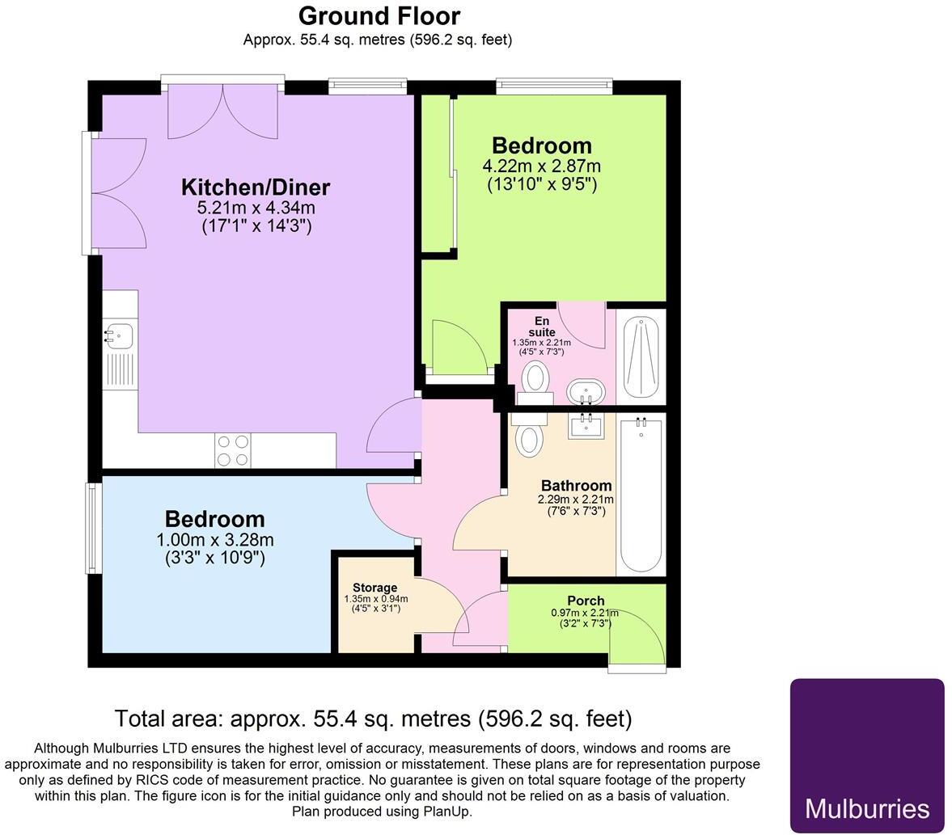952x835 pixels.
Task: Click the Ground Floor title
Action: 379,16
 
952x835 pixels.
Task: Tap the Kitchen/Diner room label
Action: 256,188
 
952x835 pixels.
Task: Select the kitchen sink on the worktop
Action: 119,335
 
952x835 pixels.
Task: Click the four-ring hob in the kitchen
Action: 233,450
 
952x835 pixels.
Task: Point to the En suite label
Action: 541,327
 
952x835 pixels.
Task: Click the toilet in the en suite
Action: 535,379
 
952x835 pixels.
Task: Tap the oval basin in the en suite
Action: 585,391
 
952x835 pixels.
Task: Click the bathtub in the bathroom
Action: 641,495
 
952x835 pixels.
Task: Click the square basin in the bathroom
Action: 585,424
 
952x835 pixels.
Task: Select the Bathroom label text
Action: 576,486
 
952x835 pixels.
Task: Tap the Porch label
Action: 586,601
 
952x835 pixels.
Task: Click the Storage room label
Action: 374,588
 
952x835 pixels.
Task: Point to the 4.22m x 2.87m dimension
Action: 541,167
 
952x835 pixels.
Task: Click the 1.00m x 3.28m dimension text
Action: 214,540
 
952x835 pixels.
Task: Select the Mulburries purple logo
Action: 866,755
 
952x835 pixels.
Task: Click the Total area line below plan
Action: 373,718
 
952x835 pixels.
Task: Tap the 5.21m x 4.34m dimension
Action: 256,209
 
